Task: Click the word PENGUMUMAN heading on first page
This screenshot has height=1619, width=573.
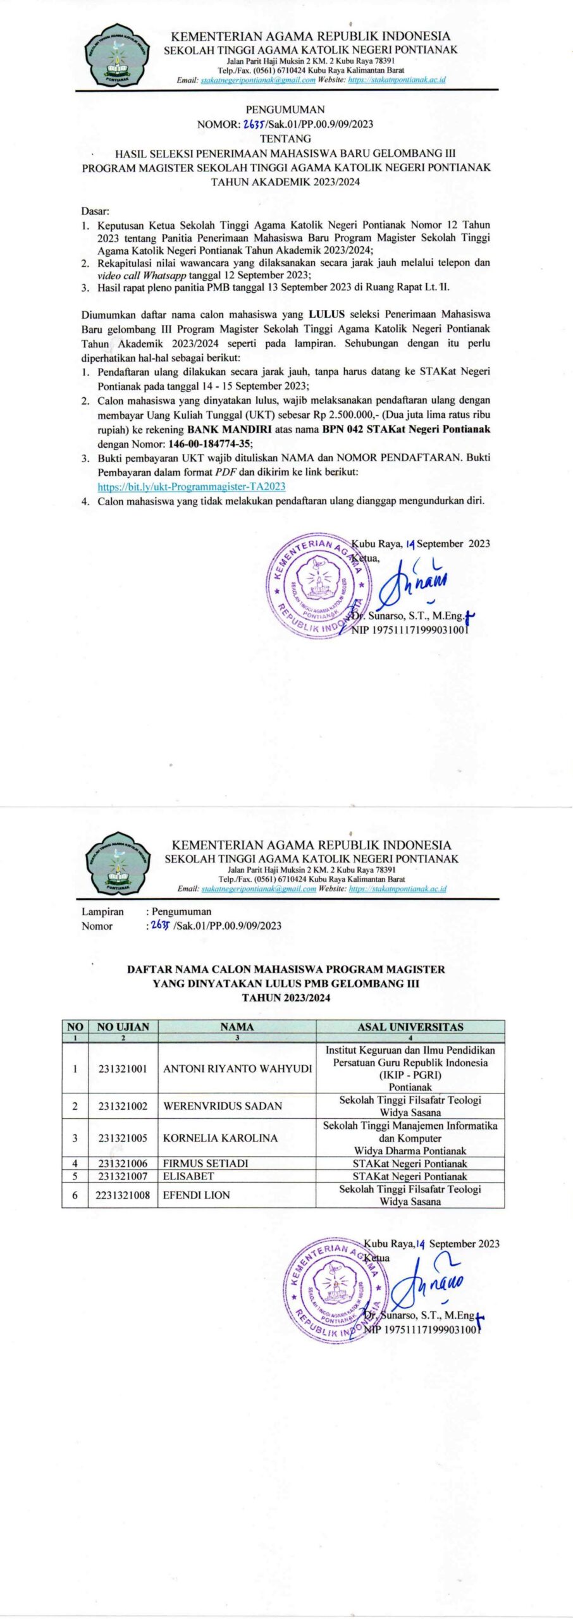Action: click(285, 109)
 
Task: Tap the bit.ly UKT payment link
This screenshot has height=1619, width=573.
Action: click(191, 486)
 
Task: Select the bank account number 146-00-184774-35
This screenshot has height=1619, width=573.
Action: click(201, 443)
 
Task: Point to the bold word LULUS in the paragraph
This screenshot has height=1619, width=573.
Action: click(326, 314)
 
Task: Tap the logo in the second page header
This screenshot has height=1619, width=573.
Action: click(118, 862)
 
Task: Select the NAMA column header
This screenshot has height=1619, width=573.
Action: click(237, 1027)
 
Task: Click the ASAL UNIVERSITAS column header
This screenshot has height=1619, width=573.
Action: click(410, 1027)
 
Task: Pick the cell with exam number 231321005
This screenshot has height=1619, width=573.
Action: click(123, 1138)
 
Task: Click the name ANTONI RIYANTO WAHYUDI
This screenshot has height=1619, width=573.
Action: click(237, 1069)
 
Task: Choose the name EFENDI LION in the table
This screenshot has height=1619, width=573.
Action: click(197, 1195)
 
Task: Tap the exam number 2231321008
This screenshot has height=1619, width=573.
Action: click(123, 1195)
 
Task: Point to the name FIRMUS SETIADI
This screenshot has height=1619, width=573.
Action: click(206, 1163)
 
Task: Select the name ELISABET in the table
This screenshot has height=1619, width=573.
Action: click(188, 1176)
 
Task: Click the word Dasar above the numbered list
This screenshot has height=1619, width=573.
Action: click(95, 211)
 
